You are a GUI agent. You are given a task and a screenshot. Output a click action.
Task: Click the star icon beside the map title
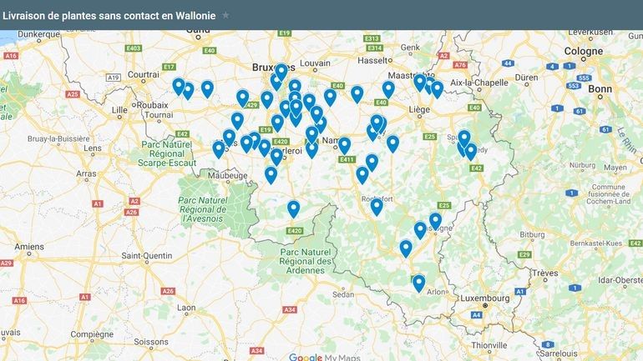click(225, 15)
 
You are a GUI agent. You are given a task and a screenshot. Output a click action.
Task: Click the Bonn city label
click(600, 88)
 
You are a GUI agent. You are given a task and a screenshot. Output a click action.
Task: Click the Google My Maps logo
click(321, 357)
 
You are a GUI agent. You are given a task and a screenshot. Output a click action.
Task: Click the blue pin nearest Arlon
click(418, 282)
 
